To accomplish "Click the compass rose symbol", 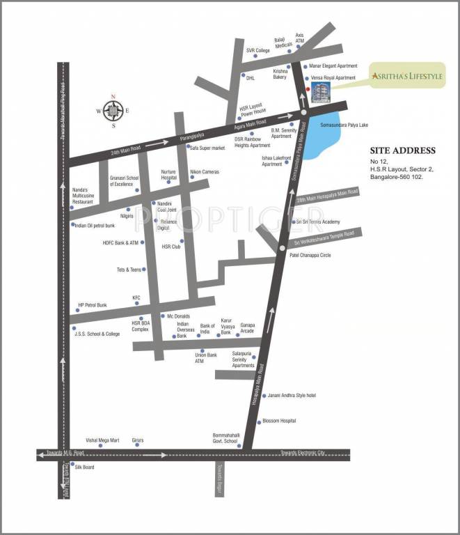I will pyautogui.click(x=113, y=110).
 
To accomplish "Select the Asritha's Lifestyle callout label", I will pyautogui.click(x=407, y=76).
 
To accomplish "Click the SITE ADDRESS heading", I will pyautogui.click(x=403, y=150).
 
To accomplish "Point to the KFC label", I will pyautogui.click(x=136, y=297).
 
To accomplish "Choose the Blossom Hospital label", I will pyautogui.click(x=279, y=421).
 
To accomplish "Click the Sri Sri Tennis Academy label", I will pyautogui.click(x=317, y=222).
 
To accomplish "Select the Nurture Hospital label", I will pyautogui.click(x=169, y=174).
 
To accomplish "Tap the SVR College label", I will pyautogui.click(x=257, y=50).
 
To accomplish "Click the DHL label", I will pyautogui.click(x=251, y=78).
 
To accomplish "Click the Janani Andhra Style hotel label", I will pyautogui.click(x=292, y=396).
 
